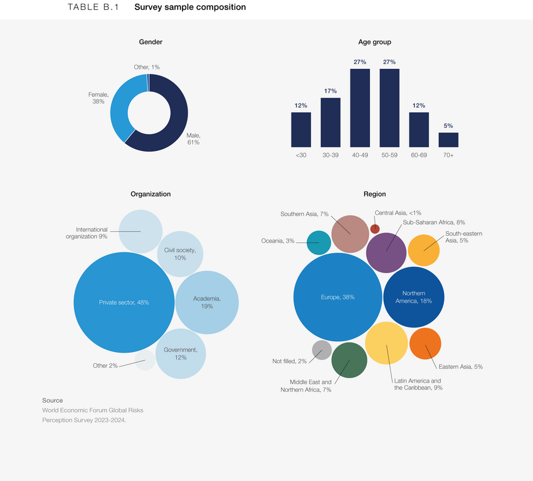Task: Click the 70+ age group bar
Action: point(448,139)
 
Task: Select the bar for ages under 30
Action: point(301,129)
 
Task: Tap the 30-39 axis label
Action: point(330,155)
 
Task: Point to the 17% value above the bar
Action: point(330,91)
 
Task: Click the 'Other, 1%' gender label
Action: point(146,67)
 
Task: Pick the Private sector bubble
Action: point(124,303)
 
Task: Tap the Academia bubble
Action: point(206,302)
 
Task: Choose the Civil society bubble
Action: point(180,254)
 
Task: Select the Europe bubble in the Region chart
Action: point(337,297)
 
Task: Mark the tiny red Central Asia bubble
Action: point(375,228)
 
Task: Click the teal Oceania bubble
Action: point(319,242)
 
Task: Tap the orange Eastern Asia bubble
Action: point(425,343)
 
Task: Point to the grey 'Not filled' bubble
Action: point(322,349)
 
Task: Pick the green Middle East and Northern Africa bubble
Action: point(349,360)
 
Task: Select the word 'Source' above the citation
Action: point(53,400)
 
